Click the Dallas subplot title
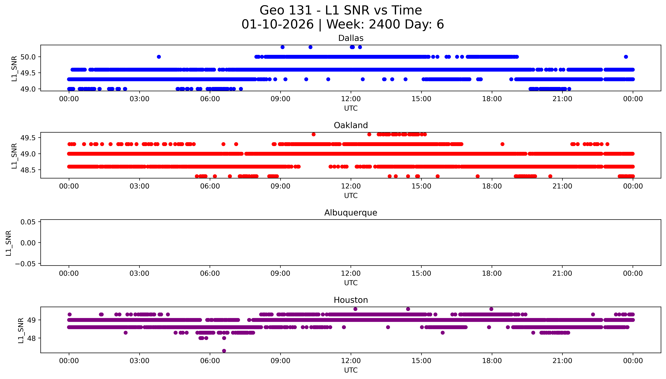(351, 38)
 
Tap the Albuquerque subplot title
(351, 213)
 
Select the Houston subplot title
(351, 300)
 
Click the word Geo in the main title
(272, 10)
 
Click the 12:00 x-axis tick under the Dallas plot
(351, 99)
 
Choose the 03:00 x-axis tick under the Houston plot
(139, 361)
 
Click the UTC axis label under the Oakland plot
(351, 195)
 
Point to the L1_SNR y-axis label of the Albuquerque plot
(9, 243)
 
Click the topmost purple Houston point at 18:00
(491, 309)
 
